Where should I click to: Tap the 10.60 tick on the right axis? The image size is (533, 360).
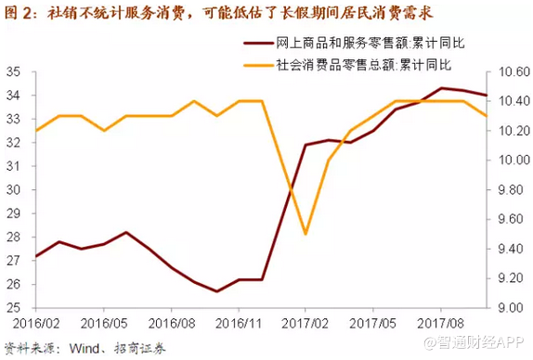(507, 71)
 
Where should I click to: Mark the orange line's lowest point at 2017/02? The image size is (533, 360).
(305, 234)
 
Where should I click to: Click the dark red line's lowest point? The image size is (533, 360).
(216, 291)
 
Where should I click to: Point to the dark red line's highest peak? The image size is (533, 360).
(442, 88)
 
